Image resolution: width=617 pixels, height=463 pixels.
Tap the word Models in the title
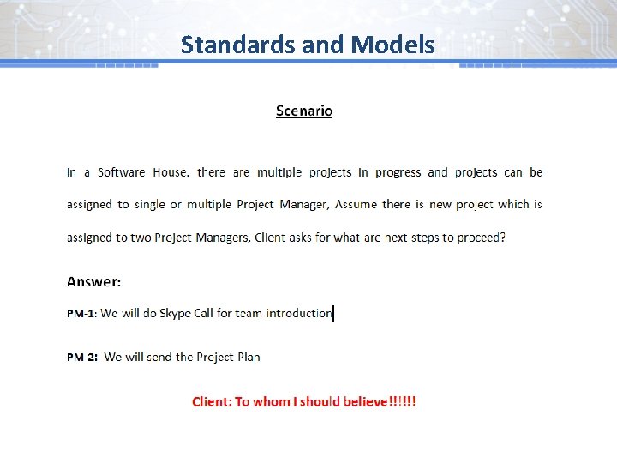coord(390,45)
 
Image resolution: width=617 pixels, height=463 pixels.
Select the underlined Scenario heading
coord(304,111)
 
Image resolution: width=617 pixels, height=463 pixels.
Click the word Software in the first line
coord(121,172)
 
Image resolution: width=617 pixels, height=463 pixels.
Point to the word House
coord(170,172)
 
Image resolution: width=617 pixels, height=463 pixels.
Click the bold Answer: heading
coord(94,281)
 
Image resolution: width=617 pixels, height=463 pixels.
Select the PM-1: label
coord(81,314)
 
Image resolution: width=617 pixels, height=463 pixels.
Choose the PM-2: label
coord(81,358)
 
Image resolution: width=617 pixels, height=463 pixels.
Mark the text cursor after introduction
coord(333,313)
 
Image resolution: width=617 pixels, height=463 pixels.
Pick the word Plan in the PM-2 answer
coord(248,358)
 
